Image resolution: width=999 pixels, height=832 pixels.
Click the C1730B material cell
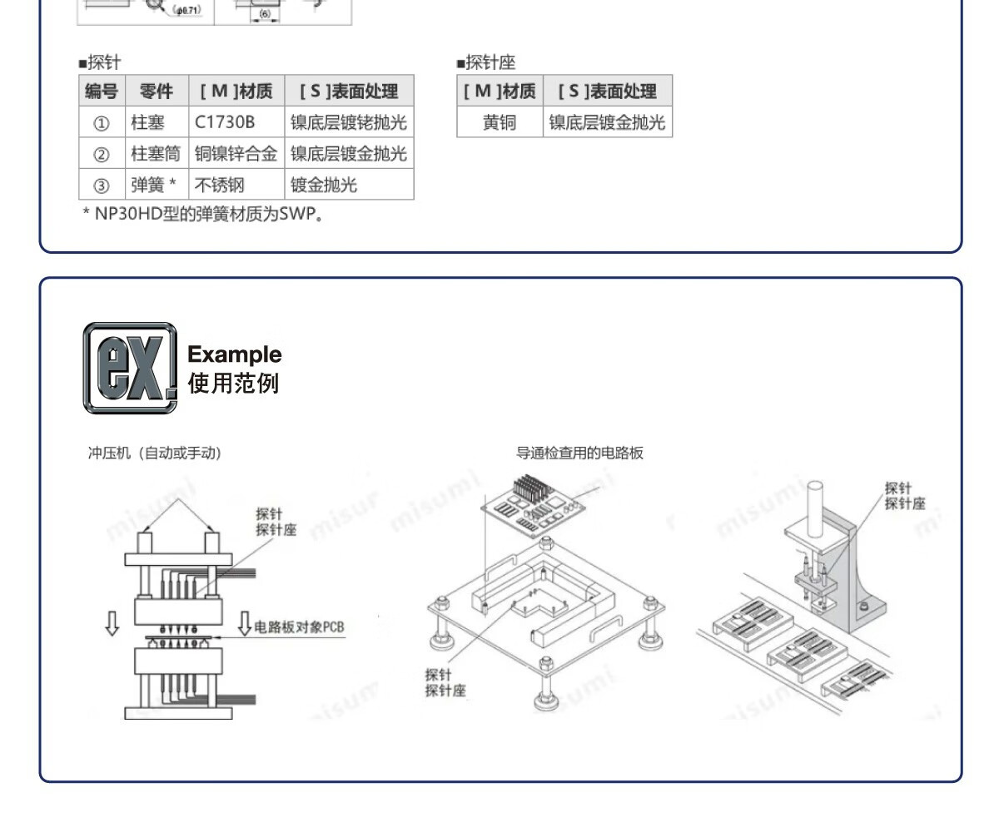(226, 123)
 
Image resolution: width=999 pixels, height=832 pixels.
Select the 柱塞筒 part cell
(156, 154)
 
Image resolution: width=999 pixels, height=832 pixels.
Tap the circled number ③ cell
(101, 185)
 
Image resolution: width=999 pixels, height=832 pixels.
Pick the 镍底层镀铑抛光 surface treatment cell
(348, 123)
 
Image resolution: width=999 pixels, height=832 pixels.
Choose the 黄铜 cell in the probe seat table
(499, 123)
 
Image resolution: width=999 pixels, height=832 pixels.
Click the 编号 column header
(101, 92)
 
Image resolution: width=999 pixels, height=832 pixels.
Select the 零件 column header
(156, 92)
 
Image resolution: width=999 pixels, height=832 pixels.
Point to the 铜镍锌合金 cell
(236, 154)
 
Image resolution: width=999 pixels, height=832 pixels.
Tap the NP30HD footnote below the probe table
(202, 215)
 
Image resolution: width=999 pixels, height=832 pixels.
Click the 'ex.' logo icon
(130, 368)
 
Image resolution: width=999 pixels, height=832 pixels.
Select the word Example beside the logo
(235, 354)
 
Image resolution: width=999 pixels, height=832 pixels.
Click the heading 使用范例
(234, 384)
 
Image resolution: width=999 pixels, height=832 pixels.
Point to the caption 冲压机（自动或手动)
(155, 453)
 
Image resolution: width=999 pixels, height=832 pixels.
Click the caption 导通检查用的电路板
(579, 453)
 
